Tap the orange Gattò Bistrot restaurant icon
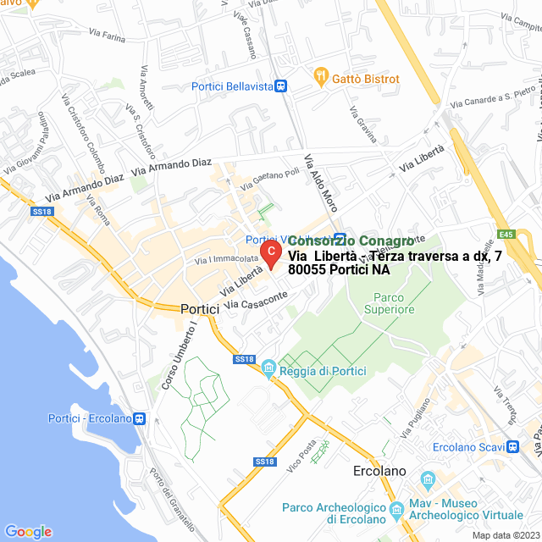[x=320, y=78]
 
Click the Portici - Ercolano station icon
[x=139, y=418]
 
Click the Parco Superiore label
[x=390, y=303]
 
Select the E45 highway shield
[x=506, y=234]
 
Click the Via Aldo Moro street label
[x=319, y=183]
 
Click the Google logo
[x=28, y=531]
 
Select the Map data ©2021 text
[x=505, y=534]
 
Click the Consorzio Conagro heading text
[x=346, y=241]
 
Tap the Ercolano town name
[x=380, y=471]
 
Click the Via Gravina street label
[x=363, y=124]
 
